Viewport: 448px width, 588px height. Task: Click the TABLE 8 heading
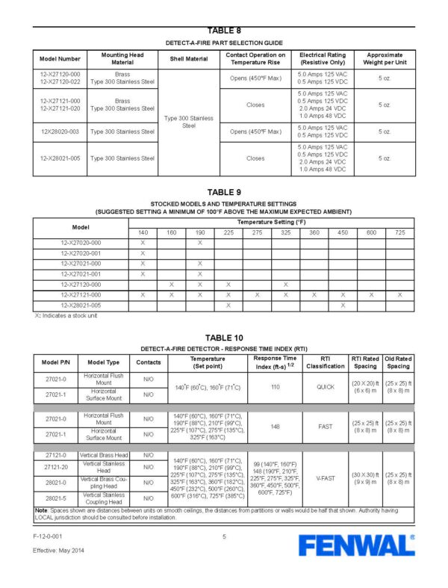pyautogui.click(x=224, y=31)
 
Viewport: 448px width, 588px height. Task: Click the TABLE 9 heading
pyautogui.click(x=224, y=192)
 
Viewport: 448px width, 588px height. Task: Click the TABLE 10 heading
pyautogui.click(x=224, y=338)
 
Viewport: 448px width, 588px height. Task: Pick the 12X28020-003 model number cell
pyautogui.click(x=60, y=131)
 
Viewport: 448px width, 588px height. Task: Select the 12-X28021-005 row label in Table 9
pyautogui.click(x=81, y=306)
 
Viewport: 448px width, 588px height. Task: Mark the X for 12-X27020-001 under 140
pyautogui.click(x=143, y=253)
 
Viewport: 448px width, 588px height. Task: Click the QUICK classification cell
pyautogui.click(x=326, y=387)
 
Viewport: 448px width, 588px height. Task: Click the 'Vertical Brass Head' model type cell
pyautogui.click(x=105, y=455)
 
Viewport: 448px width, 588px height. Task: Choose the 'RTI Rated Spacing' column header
pyautogui.click(x=365, y=362)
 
